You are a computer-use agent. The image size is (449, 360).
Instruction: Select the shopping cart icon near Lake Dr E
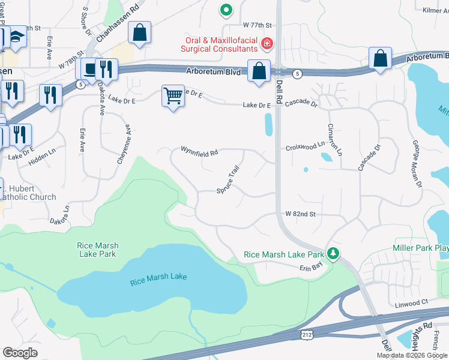[x=173, y=95]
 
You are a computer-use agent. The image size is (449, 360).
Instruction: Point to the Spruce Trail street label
[x=228, y=180]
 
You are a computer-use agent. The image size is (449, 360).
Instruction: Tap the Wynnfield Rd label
[x=199, y=153]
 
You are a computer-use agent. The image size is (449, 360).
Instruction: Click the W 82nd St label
[x=300, y=214]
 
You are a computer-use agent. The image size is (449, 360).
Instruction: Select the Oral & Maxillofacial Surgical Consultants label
[x=220, y=49]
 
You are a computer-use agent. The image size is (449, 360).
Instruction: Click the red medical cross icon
[x=266, y=43]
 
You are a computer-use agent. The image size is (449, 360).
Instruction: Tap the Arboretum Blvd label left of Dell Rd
[x=215, y=72]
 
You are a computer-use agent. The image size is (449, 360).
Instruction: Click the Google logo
[x=20, y=353]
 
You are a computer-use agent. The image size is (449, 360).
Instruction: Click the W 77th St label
[x=258, y=26]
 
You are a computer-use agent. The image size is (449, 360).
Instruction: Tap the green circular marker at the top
[x=226, y=9]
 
